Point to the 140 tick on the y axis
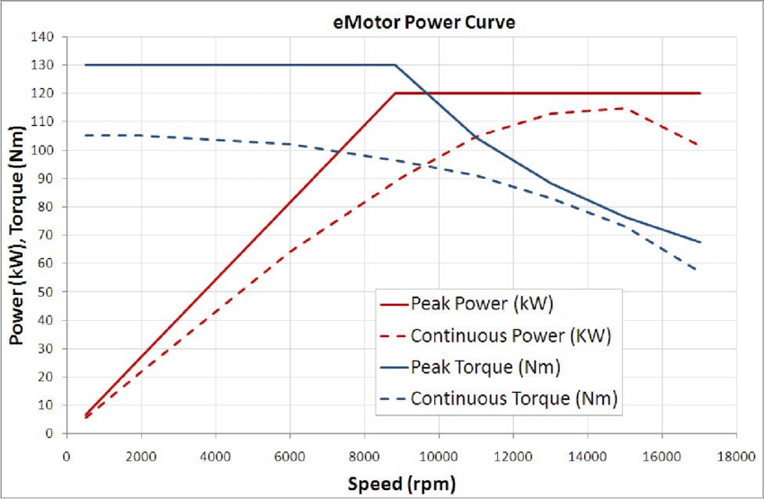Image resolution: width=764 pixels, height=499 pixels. [43, 37]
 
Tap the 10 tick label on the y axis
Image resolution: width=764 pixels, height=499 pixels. [47, 405]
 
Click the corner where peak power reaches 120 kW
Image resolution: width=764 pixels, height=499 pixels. [395, 94]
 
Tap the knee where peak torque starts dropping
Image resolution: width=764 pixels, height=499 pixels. [395, 65]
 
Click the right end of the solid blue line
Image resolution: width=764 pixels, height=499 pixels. [699, 242]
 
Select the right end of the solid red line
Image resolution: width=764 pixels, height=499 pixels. [699, 94]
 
